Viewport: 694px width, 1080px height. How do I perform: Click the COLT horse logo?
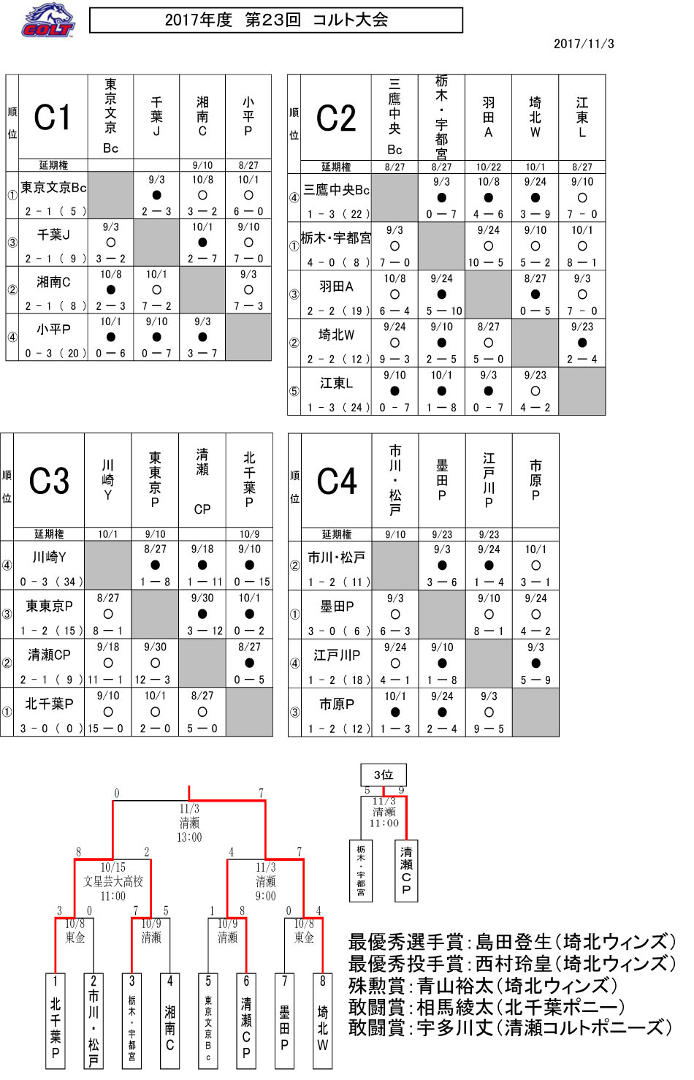[47, 20]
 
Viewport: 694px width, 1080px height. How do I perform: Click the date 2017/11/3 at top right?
[584, 45]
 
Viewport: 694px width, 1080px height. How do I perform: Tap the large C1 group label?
[52, 117]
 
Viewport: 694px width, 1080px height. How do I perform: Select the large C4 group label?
[336, 481]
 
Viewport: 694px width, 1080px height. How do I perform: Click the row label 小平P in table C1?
[53, 329]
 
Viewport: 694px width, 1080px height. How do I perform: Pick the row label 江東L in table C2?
[336, 383]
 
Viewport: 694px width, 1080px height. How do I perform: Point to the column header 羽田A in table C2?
[488, 117]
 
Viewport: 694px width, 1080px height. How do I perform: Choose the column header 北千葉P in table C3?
[249, 480]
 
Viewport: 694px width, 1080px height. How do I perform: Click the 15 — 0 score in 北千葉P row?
[105, 729]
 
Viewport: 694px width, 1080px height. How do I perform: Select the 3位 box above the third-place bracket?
[384, 775]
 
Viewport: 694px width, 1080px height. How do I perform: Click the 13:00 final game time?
[189, 837]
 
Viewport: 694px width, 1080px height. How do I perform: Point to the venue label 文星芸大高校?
[113, 881]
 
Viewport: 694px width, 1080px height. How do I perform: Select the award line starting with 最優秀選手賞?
[512, 941]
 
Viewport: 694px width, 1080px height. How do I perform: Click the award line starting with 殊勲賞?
[483, 986]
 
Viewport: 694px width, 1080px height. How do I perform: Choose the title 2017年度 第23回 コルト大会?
[276, 20]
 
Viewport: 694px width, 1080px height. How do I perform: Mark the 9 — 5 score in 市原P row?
[489, 729]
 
